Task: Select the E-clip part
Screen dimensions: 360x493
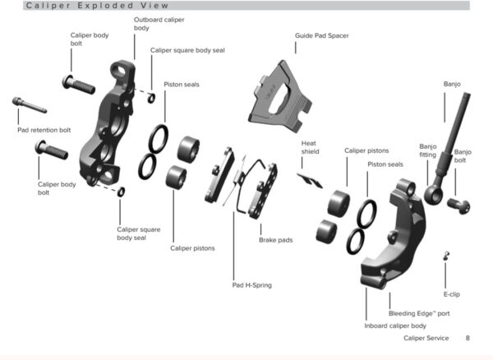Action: click(445, 256)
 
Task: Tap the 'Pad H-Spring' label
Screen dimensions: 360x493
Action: click(251, 285)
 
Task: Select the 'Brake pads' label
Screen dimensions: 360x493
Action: click(275, 240)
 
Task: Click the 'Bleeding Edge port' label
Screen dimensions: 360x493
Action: click(418, 313)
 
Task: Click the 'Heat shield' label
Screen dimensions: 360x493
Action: click(310, 147)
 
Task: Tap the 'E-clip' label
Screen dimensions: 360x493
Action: click(451, 293)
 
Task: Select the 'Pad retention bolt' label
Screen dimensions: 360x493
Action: click(44, 129)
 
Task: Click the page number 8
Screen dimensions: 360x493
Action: click(468, 338)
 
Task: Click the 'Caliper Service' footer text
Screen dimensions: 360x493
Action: click(426, 338)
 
